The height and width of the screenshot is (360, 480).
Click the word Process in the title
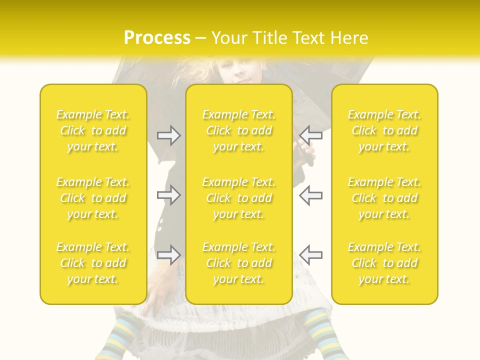pyautogui.click(x=157, y=38)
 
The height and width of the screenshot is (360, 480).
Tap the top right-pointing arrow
pyautogui.click(x=169, y=135)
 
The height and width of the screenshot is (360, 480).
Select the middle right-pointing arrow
pyautogui.click(x=169, y=195)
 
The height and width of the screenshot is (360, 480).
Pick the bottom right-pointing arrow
pyautogui.click(x=169, y=255)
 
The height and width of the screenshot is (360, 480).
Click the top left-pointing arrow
pyautogui.click(x=310, y=135)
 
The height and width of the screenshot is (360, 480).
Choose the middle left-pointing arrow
pyautogui.click(x=310, y=195)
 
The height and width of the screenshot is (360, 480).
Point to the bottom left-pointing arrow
pyautogui.click(x=310, y=255)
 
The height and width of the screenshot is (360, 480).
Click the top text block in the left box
pyautogui.click(x=93, y=130)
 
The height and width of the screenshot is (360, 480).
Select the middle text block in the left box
pyautogui.click(x=93, y=198)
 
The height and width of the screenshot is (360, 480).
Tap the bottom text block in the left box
pyautogui.click(x=93, y=263)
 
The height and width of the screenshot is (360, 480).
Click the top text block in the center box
pyautogui.click(x=239, y=130)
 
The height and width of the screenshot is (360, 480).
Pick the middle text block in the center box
pyautogui.click(x=239, y=198)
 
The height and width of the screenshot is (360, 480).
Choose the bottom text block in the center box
pyautogui.click(x=239, y=263)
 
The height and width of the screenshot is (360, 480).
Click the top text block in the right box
pyautogui.click(x=384, y=130)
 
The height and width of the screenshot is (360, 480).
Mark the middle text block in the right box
pyautogui.click(x=384, y=198)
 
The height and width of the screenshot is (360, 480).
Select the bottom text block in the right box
pyautogui.click(x=384, y=263)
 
